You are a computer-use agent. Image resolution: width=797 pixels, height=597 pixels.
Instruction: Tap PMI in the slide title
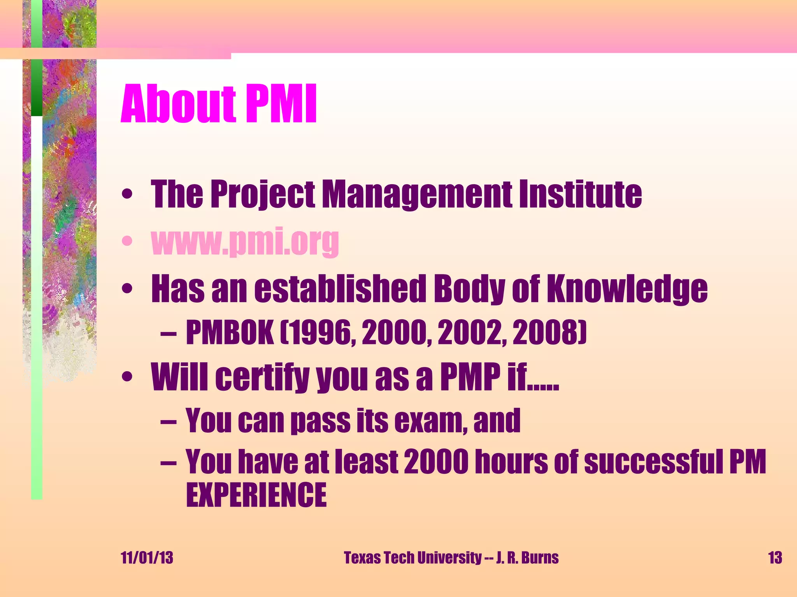[x=281, y=104]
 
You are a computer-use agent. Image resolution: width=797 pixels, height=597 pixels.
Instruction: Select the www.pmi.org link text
[x=245, y=242]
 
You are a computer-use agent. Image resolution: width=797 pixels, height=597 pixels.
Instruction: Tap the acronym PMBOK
[x=230, y=333]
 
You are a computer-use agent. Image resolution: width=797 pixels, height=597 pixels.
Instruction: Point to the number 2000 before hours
[x=436, y=462]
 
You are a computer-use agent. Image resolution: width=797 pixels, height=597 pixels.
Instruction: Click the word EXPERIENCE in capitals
[x=256, y=495]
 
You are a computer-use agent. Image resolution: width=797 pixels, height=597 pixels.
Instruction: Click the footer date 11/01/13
[x=147, y=558]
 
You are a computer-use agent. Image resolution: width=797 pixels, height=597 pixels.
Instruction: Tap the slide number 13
[x=775, y=558]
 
